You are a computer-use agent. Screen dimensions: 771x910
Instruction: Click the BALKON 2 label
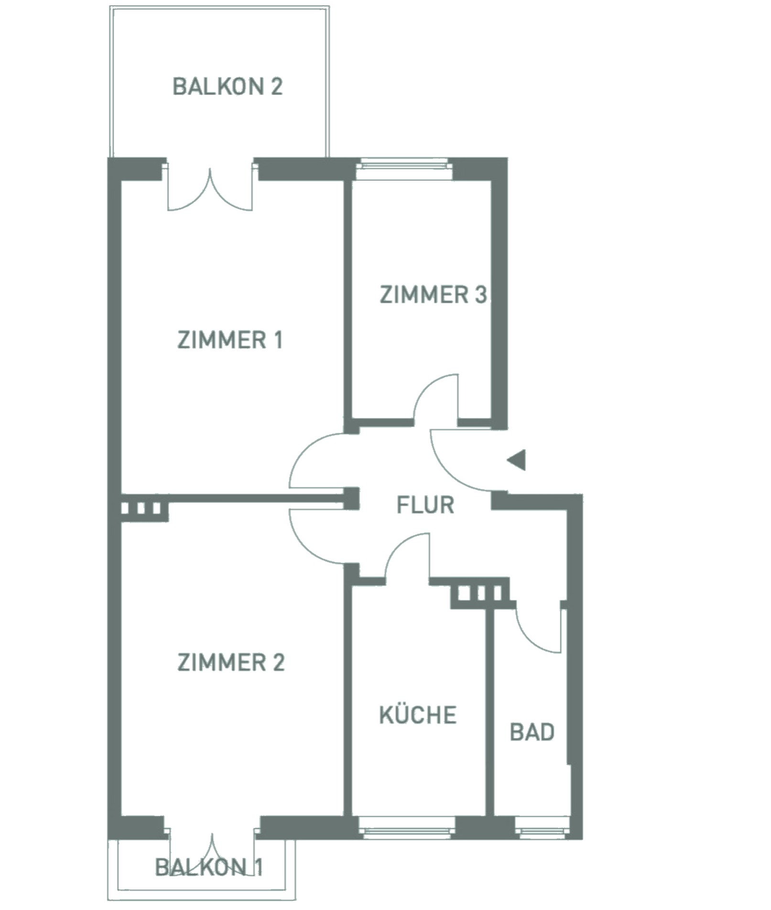click(x=228, y=87)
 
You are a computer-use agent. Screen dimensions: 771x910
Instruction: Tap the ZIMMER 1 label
click(x=230, y=340)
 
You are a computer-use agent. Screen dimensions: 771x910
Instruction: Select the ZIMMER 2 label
click(x=231, y=662)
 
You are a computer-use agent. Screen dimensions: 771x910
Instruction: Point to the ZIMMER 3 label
click(x=433, y=294)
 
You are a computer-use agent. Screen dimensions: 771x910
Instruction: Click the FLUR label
click(x=425, y=505)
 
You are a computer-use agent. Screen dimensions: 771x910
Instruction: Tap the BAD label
click(x=532, y=732)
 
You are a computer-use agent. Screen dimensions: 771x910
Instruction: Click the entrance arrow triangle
click(x=517, y=460)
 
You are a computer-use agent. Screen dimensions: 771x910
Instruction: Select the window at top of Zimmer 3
click(x=405, y=165)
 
